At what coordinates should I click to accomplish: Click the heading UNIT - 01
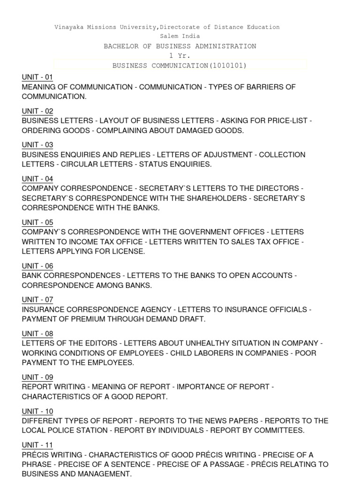coord(37,77)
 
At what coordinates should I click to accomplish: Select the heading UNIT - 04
coord(37,179)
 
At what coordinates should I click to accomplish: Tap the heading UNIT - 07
coord(37,300)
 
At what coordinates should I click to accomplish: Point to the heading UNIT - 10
coord(37,411)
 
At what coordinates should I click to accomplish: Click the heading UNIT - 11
coord(37,445)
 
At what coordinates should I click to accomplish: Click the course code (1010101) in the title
coord(228,65)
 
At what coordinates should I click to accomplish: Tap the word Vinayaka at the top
coord(70,27)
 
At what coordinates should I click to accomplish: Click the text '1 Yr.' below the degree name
coord(180,56)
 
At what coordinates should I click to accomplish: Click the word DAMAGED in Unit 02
coord(183,131)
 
